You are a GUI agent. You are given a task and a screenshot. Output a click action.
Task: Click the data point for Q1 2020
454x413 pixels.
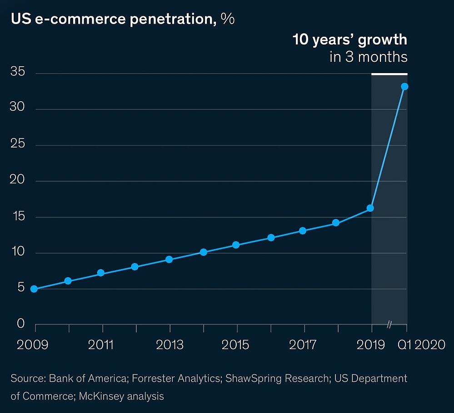(x=404, y=86)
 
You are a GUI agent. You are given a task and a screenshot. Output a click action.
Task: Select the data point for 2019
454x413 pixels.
(x=370, y=208)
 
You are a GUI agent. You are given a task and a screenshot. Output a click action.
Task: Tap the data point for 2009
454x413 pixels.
(x=34, y=289)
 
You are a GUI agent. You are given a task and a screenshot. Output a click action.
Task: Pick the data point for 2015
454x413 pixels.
(x=236, y=245)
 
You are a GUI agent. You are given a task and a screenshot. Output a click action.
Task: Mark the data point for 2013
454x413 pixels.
(x=169, y=260)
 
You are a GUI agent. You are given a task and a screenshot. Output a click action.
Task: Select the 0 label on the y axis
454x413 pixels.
(x=20, y=324)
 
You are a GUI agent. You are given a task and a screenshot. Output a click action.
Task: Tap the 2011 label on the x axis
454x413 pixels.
(x=101, y=345)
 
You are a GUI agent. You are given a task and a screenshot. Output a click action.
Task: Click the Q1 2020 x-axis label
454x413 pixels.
(x=421, y=345)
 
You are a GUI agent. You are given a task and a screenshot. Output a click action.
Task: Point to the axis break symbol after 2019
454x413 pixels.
(x=389, y=324)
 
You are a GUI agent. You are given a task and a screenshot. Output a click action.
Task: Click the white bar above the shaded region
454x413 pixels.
(x=389, y=74)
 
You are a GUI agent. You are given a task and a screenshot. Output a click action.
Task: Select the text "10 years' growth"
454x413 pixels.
(x=349, y=40)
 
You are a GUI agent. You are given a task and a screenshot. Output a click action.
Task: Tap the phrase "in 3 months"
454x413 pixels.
(x=368, y=58)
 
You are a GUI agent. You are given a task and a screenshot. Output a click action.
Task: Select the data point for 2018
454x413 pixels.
(x=336, y=223)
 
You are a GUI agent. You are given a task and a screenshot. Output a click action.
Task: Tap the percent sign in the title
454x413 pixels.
(x=228, y=19)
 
